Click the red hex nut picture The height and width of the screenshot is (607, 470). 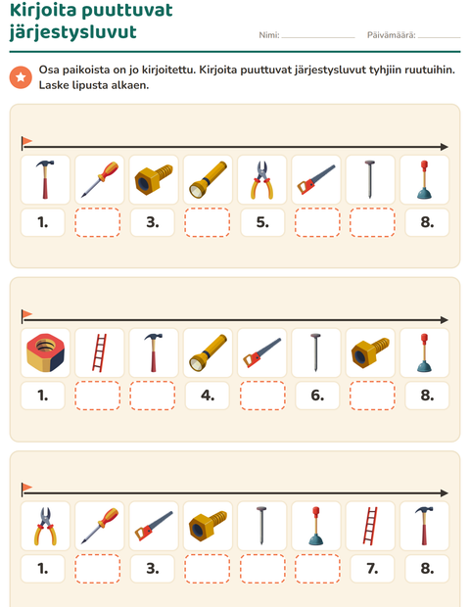point(45,352)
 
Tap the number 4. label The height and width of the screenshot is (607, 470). point(208,396)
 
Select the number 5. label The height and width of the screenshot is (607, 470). point(262,222)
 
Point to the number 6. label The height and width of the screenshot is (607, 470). point(317,396)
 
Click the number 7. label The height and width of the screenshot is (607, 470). point(372,568)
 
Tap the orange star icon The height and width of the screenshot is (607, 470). point(21,77)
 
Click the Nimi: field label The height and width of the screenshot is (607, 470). point(269,35)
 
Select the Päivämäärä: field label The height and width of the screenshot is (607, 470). point(391,35)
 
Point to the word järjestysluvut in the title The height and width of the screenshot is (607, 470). point(73,32)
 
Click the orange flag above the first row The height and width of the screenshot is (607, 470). point(26,141)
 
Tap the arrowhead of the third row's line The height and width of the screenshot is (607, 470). point(445,493)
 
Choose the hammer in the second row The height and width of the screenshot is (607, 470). point(154,352)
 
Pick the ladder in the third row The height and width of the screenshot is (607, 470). point(370,526)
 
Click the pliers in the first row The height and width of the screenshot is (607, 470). point(262,180)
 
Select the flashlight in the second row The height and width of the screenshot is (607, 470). point(208,352)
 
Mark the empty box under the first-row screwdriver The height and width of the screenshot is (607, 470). point(98,222)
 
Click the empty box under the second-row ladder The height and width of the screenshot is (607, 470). point(98,396)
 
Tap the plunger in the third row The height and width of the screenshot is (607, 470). point(316,526)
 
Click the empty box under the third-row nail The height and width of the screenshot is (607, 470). point(262,568)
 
